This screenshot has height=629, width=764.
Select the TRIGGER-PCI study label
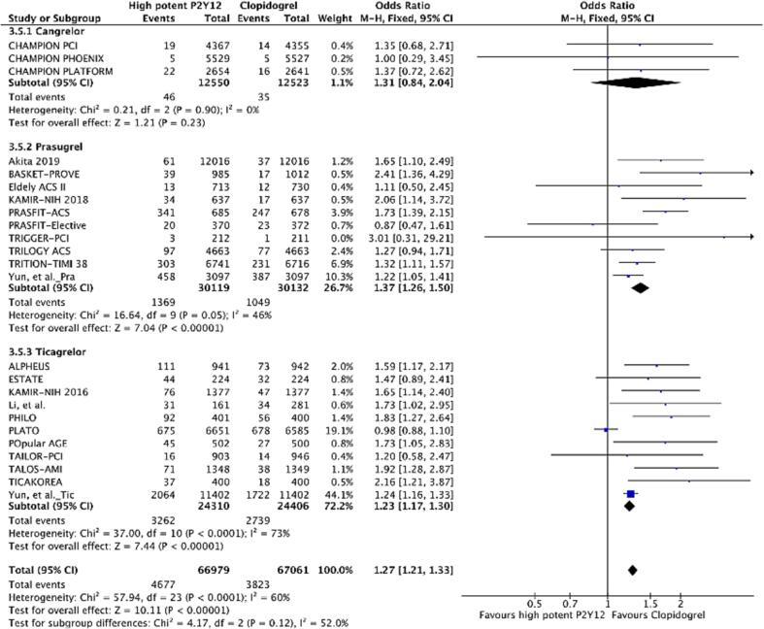(35, 236)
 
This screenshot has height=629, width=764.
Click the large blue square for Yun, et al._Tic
(630, 494)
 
